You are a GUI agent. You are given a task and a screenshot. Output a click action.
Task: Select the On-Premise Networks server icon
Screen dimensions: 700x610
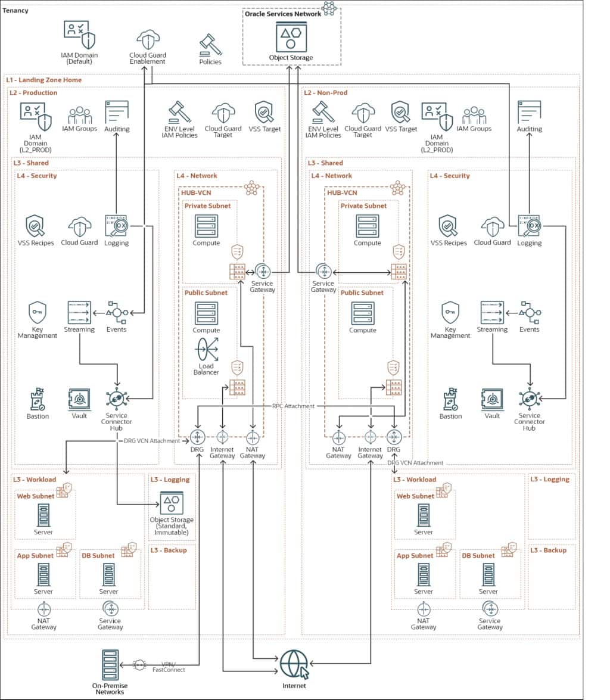pos(110,664)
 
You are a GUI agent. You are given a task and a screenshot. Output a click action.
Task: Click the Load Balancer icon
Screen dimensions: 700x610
pos(206,349)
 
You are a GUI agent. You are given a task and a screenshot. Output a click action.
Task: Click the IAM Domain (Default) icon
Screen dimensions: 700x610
pos(79,36)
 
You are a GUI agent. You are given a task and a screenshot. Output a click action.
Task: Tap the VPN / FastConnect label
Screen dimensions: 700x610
pos(173,667)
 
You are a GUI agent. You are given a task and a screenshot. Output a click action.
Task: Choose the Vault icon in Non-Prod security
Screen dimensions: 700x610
pos(492,400)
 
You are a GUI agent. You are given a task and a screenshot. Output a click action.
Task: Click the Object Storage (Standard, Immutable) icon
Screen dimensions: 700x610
pos(172,503)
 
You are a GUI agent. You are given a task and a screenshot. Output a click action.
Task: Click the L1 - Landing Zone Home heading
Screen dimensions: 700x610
pos(44,80)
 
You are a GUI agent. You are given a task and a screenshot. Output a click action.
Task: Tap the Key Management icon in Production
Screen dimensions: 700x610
pos(37,312)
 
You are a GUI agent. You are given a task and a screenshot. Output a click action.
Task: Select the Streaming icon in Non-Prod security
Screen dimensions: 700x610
pos(492,312)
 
